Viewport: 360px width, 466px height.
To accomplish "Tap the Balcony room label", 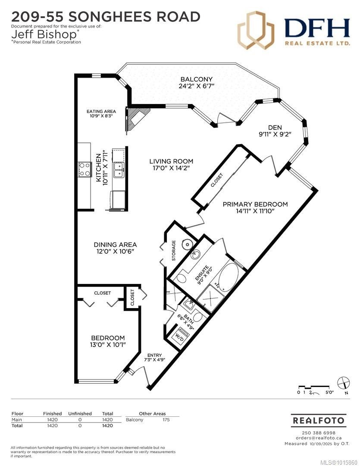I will point(197,79).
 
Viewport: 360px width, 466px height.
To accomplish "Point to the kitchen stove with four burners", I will point(84,169).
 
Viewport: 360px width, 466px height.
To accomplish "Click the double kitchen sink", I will point(118,170).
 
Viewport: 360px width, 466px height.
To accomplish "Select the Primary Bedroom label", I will point(255,204).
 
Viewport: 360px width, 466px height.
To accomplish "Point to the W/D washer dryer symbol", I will point(179,337).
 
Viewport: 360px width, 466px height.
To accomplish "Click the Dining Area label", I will point(115,245).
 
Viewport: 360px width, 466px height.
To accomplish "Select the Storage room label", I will point(174,250).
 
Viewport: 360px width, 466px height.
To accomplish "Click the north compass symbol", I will point(344,382).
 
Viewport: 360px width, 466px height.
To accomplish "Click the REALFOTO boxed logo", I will point(318,420).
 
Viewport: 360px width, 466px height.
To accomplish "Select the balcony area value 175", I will point(166,419).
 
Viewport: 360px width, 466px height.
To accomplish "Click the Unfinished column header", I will point(80,413).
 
